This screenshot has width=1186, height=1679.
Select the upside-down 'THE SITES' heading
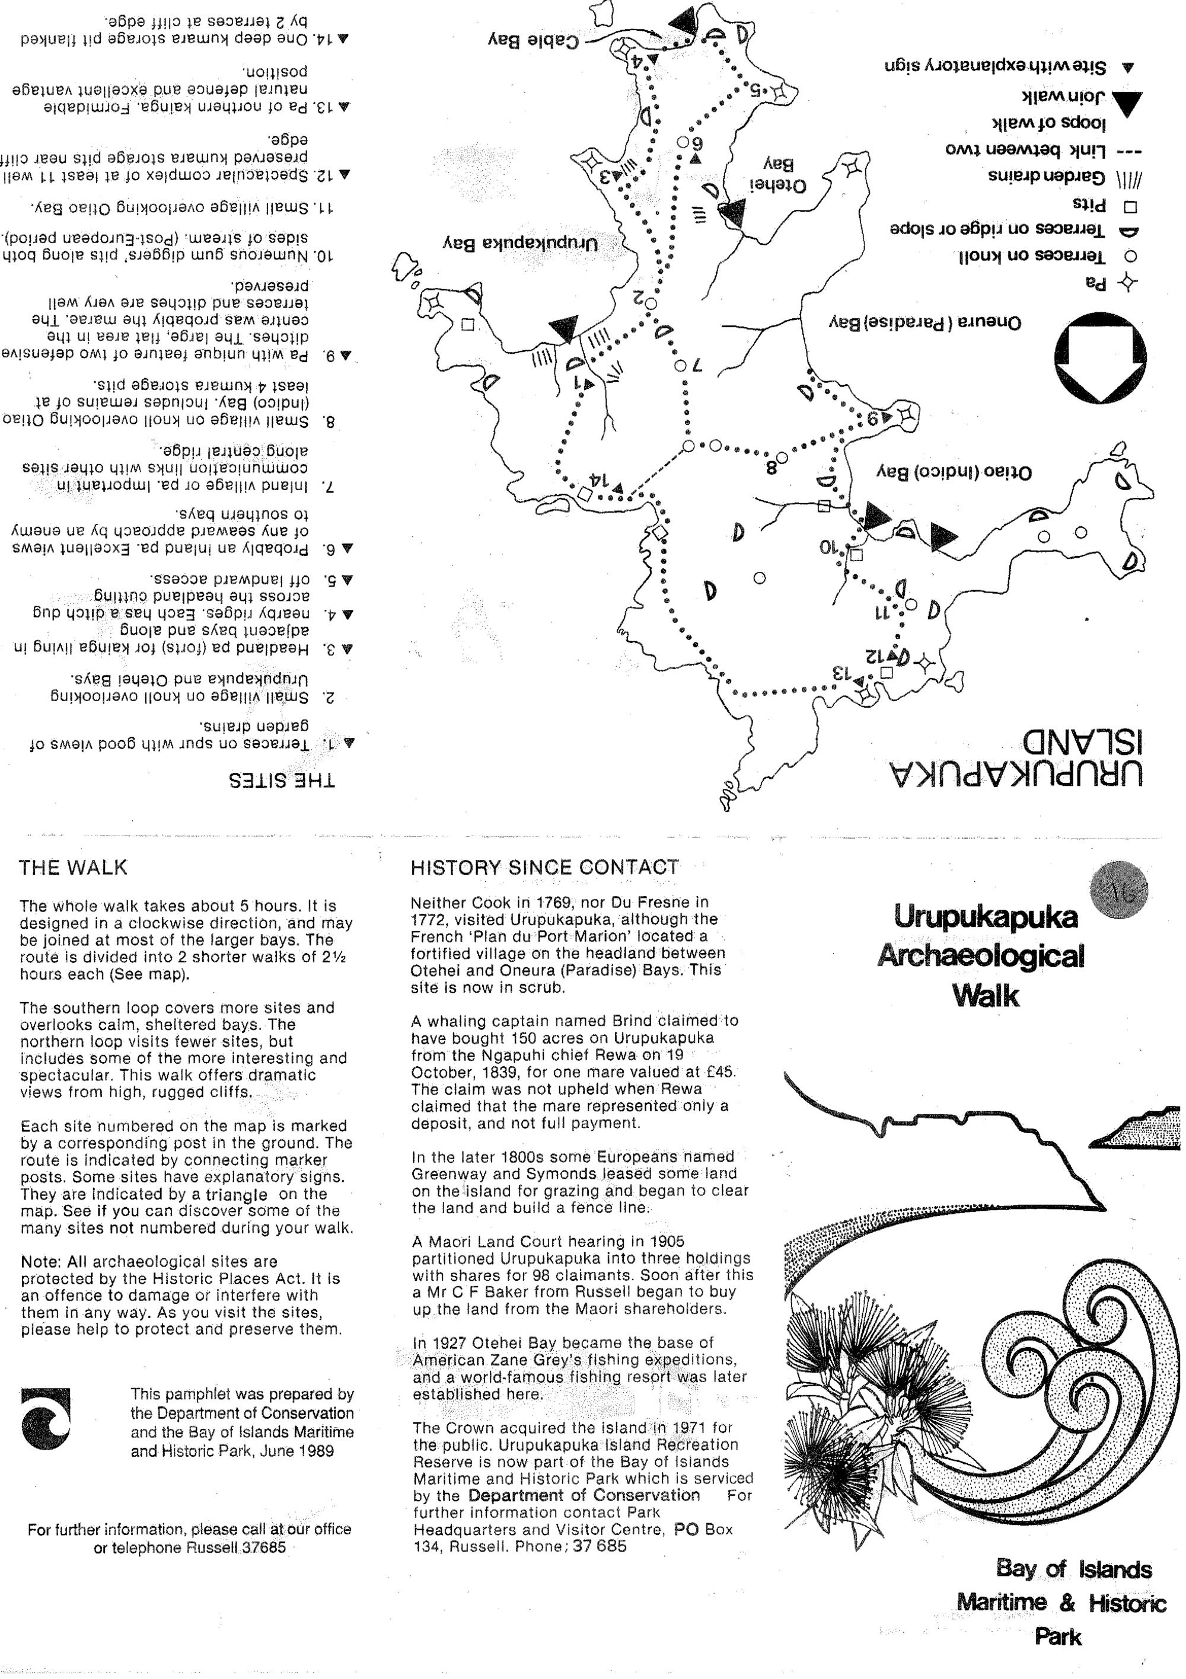point(282,781)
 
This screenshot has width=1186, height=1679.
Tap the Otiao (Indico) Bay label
point(954,472)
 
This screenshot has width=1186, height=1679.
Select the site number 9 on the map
point(872,419)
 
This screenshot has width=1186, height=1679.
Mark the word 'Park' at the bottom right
point(1057,1636)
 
